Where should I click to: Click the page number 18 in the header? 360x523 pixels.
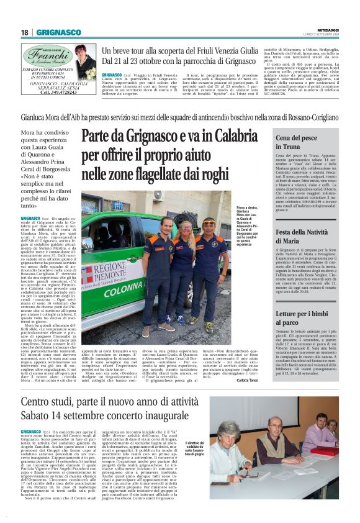point(25,32)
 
